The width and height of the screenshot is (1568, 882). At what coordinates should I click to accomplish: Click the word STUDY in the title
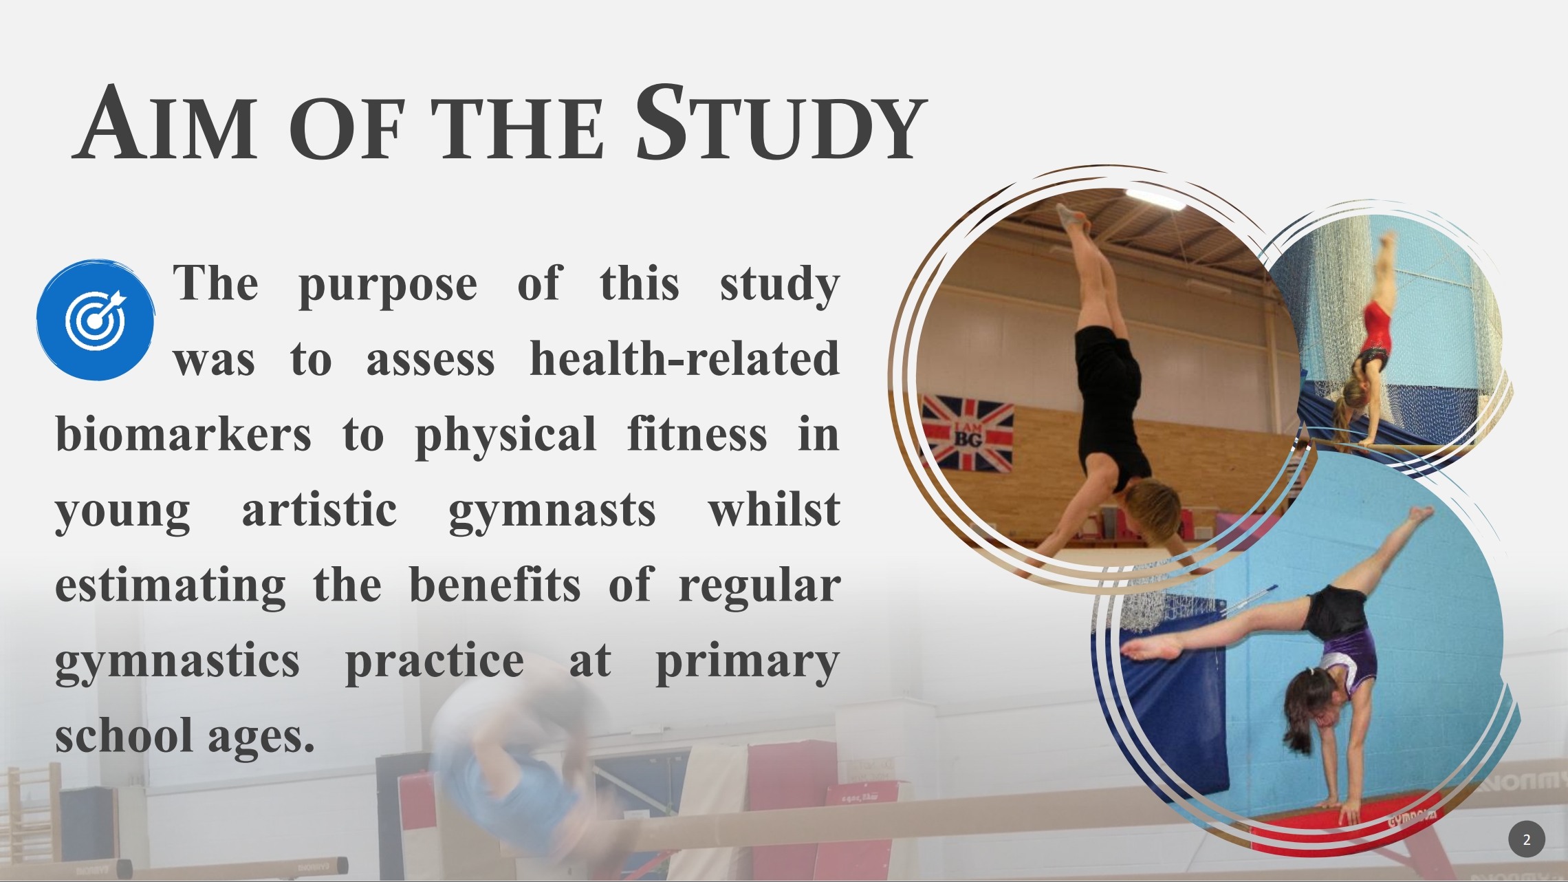pyautogui.click(x=781, y=122)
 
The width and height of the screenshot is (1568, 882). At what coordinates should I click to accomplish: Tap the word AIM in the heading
pyautogui.click(x=165, y=122)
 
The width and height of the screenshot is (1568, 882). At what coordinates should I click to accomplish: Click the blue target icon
pyautogui.click(x=96, y=320)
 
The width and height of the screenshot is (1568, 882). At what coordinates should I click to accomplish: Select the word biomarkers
pyautogui.click(x=183, y=435)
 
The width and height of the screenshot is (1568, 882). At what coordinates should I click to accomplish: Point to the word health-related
pyautogui.click(x=685, y=359)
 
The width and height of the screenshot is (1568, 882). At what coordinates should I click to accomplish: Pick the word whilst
pyautogui.click(x=774, y=510)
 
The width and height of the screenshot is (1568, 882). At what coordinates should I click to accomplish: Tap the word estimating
pyautogui.click(x=171, y=587)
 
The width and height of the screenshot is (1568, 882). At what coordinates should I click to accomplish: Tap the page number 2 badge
pyautogui.click(x=1527, y=839)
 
